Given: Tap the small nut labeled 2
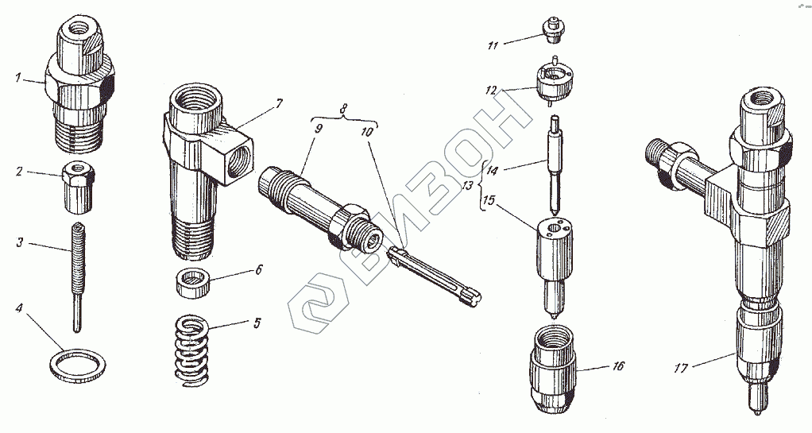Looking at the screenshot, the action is pos(74,188).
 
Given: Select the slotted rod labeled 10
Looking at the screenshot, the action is pos(433,274).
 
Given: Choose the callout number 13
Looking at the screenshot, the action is pos(467,185).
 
